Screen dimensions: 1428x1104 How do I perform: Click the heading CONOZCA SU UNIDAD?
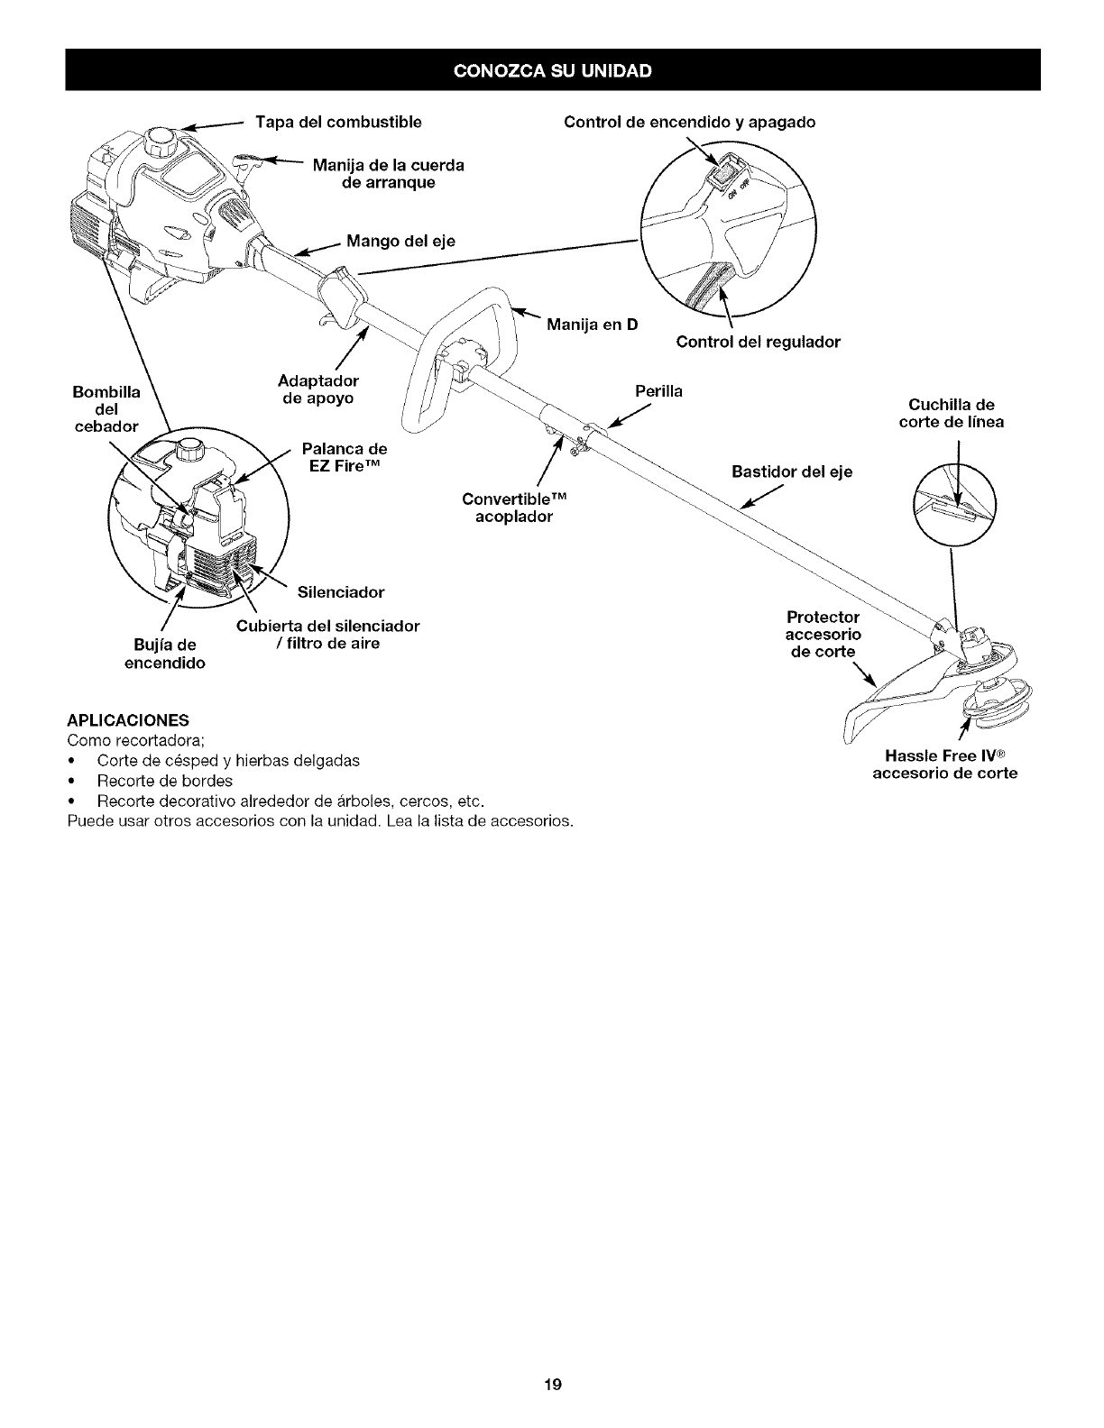point(552,70)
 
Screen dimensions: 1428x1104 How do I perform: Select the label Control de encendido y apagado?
point(689,122)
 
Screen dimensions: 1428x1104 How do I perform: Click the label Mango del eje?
point(400,241)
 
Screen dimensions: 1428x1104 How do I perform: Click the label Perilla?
point(658,391)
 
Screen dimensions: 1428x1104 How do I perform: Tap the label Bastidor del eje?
point(792,471)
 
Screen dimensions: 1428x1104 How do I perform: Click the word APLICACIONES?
point(127,720)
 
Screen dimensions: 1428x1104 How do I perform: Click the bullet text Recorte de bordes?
point(164,781)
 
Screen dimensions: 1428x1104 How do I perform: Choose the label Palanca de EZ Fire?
point(344,457)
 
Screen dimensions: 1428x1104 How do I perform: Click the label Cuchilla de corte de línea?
point(951,413)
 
